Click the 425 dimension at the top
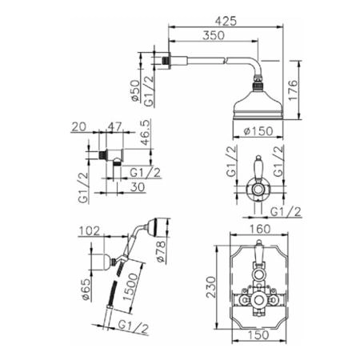[226, 21]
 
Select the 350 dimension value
[214, 35]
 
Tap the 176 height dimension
[293, 90]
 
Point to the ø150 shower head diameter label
[258, 131]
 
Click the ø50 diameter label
[135, 90]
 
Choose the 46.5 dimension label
[146, 133]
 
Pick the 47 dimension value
[115, 126]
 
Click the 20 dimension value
[79, 126]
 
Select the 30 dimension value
[138, 187]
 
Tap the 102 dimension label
[90, 231]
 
